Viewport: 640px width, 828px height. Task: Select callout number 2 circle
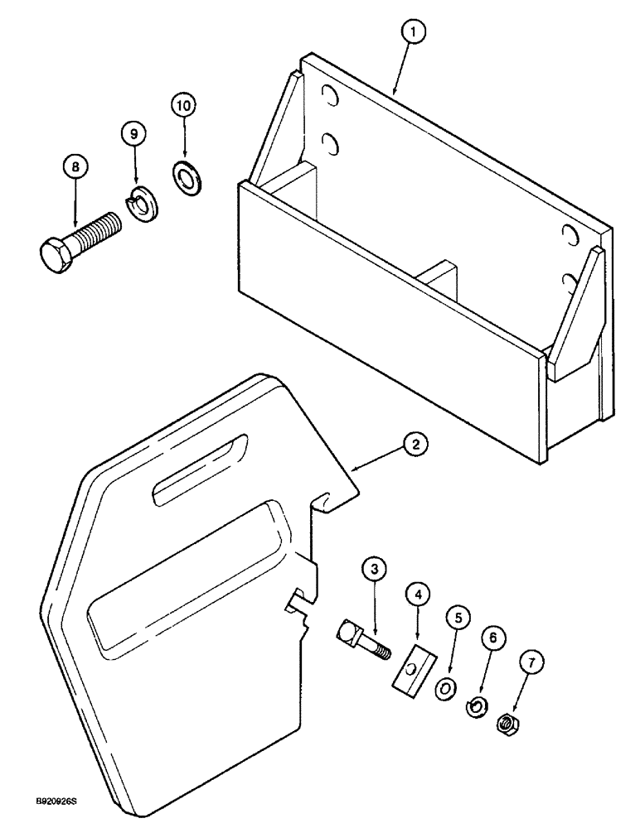point(416,445)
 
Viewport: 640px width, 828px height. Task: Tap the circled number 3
point(374,569)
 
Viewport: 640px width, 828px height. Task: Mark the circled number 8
point(75,166)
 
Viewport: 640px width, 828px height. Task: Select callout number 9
point(133,132)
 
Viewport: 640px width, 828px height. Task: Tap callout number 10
point(184,106)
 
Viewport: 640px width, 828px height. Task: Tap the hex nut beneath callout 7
point(507,724)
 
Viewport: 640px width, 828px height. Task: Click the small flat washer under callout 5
point(445,686)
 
